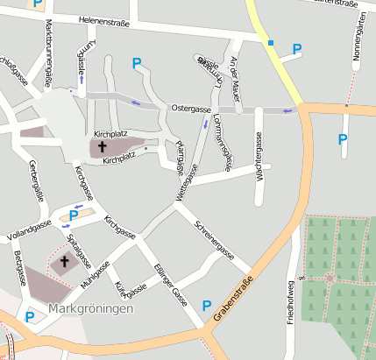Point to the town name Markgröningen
91,310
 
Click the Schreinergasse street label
215,239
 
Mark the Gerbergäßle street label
36,180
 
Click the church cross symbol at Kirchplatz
102,146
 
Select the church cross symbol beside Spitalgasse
62,261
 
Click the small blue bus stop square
271,42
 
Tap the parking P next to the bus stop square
296,49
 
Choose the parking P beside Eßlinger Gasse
207,306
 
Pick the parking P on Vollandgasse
74,215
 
